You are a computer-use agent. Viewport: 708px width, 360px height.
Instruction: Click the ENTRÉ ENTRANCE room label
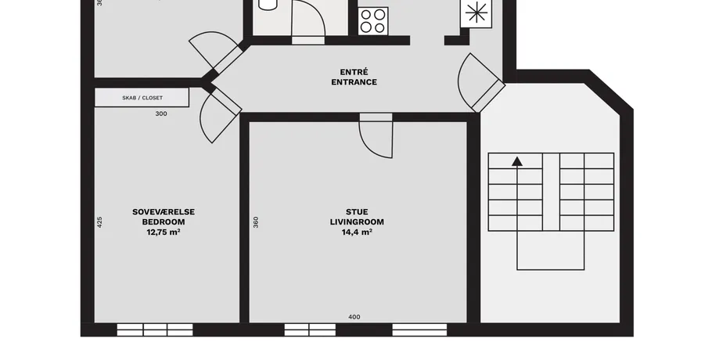pyautogui.click(x=354, y=77)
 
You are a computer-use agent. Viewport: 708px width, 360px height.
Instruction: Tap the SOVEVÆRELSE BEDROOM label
pyautogui.click(x=164, y=217)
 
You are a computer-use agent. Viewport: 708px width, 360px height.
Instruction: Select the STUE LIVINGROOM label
pyautogui.click(x=357, y=217)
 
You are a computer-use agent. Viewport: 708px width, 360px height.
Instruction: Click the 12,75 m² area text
pyautogui.click(x=164, y=232)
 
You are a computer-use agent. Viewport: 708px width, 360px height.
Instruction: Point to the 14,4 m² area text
pyautogui.click(x=357, y=232)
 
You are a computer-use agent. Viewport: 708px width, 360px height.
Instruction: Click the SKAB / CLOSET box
pyautogui.click(x=142, y=98)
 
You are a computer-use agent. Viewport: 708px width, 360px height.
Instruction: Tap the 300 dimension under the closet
pyautogui.click(x=161, y=113)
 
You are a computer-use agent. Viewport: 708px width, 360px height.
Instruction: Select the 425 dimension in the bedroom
pyautogui.click(x=99, y=222)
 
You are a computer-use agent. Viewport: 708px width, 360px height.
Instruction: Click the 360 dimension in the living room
pyautogui.click(x=256, y=222)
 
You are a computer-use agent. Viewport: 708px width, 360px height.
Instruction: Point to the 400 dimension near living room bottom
pyautogui.click(x=354, y=317)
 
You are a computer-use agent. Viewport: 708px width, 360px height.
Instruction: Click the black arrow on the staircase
pyautogui.click(x=517, y=161)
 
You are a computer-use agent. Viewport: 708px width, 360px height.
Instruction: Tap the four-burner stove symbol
pyautogui.click(x=373, y=21)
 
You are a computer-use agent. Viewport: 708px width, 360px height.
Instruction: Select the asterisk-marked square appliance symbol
pyautogui.click(x=476, y=13)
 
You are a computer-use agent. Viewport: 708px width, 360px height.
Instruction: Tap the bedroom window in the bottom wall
pyautogui.click(x=155, y=329)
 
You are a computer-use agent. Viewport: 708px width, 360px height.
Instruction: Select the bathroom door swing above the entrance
pyautogui.click(x=309, y=20)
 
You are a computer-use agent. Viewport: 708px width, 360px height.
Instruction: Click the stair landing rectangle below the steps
pyautogui.click(x=551, y=250)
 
